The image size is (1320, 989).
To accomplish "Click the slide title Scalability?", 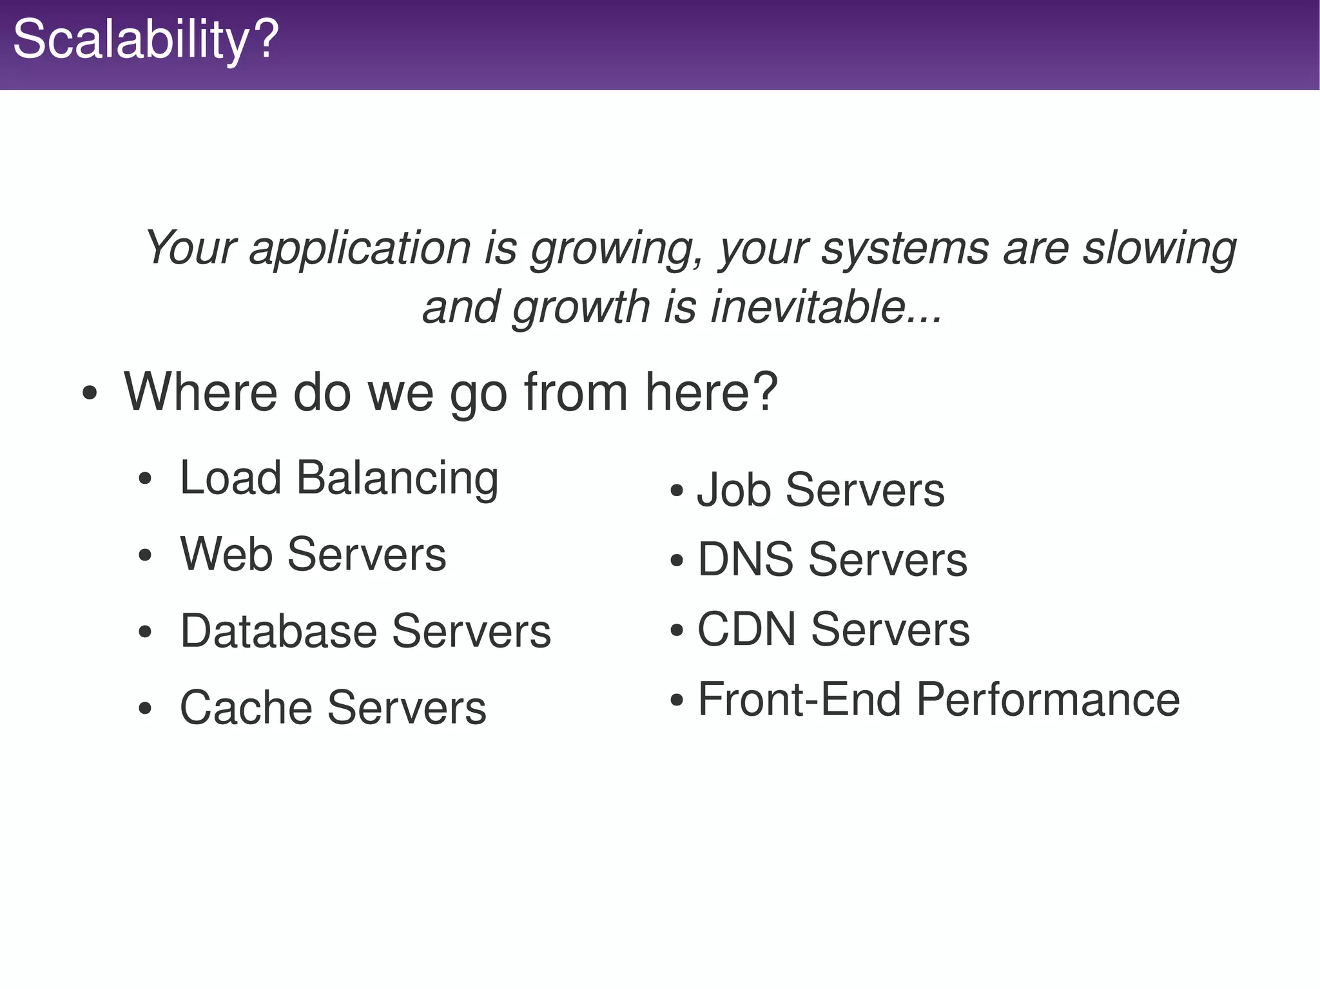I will [x=146, y=40].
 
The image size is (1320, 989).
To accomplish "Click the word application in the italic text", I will [x=360, y=249].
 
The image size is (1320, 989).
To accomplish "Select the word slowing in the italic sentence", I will [x=1159, y=249].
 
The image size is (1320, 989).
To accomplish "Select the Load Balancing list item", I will [x=339, y=479].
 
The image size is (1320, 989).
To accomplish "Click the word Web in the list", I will [x=226, y=554].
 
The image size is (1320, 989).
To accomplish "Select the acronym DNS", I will [x=745, y=559].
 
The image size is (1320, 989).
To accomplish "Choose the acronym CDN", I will [x=746, y=629].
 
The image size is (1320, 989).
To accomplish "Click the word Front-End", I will [x=799, y=700].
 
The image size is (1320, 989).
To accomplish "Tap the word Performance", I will [x=1048, y=700].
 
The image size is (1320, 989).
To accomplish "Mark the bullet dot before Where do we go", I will [x=90, y=394].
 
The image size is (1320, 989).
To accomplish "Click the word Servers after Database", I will [x=471, y=631].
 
